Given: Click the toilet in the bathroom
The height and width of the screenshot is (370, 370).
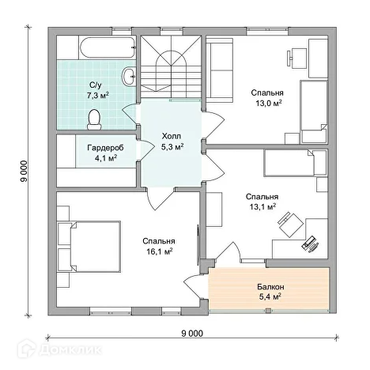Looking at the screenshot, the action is [94, 120].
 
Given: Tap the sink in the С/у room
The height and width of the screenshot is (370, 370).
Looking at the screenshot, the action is [129, 76].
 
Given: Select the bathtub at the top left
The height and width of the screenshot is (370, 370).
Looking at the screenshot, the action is [108, 47].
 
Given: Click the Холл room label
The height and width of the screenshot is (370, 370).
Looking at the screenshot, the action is [172, 136].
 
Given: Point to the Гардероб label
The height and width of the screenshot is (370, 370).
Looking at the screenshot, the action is [105, 148].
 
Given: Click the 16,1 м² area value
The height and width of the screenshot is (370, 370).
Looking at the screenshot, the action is [160, 251].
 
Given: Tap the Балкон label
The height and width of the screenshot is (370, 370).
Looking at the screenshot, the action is [270, 287].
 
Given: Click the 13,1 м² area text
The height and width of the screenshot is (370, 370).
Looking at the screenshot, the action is [262, 207].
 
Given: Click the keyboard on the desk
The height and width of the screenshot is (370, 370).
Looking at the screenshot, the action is [310, 244].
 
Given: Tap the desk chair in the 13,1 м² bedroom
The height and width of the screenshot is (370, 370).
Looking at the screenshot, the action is [290, 225].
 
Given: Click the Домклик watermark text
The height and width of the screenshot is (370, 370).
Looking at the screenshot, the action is [70, 349].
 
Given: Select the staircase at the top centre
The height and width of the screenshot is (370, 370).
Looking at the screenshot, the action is [171, 66].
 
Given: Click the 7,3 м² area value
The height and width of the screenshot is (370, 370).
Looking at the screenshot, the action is [98, 96].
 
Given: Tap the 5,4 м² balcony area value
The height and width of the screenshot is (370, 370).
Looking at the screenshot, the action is [270, 297].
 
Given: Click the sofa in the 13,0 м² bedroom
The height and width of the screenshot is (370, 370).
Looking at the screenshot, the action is [220, 70].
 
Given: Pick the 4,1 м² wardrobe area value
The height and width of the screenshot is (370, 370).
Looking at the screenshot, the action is [106, 158].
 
